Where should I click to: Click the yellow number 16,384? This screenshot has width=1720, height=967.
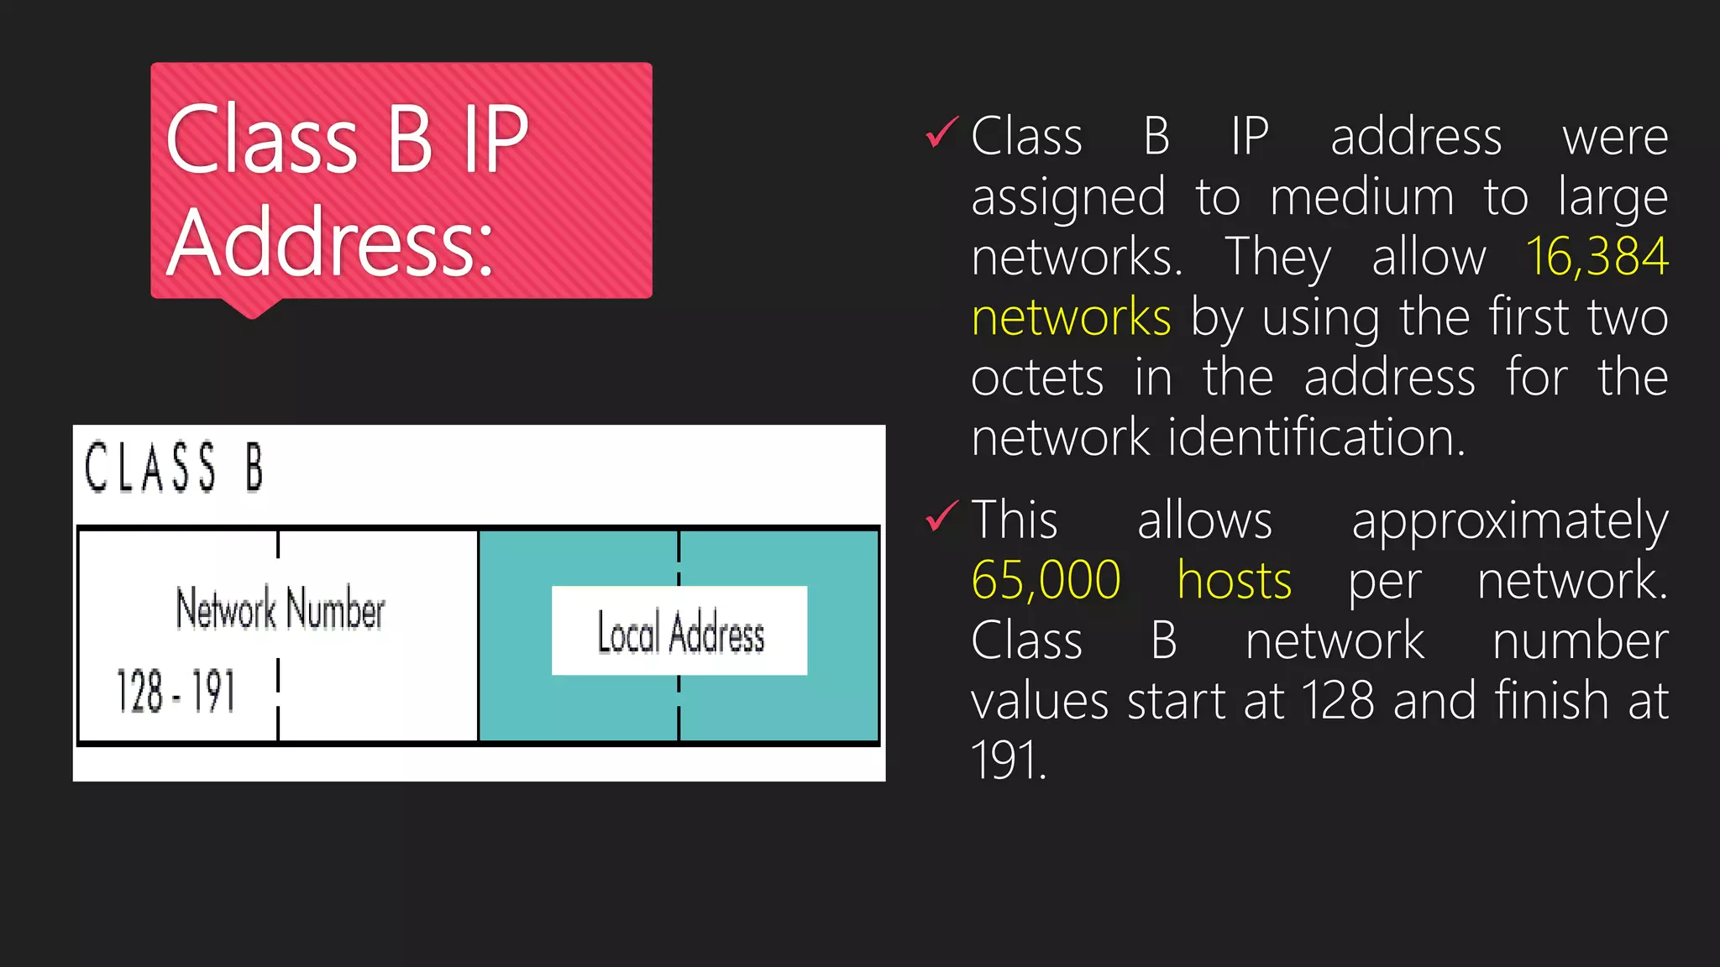(1597, 256)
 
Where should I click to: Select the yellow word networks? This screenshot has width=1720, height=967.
(1071, 317)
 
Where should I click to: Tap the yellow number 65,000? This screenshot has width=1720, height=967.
(1046, 580)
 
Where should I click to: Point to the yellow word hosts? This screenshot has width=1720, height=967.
(1234, 580)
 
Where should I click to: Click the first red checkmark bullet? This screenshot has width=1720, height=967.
(941, 133)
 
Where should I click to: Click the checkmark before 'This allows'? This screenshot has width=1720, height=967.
(941, 516)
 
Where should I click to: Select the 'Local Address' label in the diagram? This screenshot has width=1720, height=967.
(680, 632)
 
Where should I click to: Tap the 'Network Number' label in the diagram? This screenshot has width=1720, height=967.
(280, 609)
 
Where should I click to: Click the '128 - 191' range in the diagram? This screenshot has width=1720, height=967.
(176, 692)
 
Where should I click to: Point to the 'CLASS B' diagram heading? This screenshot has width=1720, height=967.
(174, 467)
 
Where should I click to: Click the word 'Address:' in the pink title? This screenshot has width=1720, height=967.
(330, 243)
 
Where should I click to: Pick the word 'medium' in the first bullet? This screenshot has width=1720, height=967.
(1361, 197)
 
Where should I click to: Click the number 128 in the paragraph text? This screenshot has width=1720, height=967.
(1337, 700)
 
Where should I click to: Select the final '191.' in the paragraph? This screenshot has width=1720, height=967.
(1009, 761)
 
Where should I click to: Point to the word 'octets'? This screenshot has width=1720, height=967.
(1037, 378)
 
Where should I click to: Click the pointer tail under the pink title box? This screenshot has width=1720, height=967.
(251, 308)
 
